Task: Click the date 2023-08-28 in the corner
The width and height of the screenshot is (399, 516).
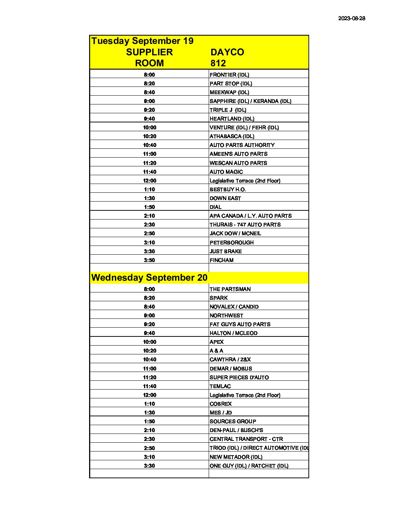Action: [x=351, y=18]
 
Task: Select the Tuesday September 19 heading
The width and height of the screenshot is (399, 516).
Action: [x=142, y=41]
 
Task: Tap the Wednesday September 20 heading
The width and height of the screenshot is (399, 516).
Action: [x=149, y=277]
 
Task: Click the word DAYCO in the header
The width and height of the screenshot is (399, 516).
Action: [x=227, y=52]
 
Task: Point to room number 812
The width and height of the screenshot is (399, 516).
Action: [x=218, y=63]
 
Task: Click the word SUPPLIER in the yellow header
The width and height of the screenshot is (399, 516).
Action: [x=149, y=52]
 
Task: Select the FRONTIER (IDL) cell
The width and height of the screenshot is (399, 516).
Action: [x=229, y=75]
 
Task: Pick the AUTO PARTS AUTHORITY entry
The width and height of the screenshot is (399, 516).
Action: [x=242, y=145]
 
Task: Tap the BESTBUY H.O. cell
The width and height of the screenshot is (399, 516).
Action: [x=227, y=189]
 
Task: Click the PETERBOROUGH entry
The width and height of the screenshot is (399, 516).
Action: [x=231, y=243]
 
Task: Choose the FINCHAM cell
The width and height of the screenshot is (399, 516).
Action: [x=222, y=260]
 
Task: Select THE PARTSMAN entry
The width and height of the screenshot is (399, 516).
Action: [x=230, y=289]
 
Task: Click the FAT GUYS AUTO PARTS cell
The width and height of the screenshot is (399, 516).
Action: [x=240, y=324]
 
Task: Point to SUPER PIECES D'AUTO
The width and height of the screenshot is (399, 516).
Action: [x=239, y=377]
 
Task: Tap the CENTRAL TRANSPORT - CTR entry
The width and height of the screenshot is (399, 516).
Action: [x=246, y=439]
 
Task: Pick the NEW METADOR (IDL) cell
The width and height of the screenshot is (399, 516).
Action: [x=236, y=457]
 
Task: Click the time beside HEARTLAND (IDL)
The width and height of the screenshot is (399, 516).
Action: [x=149, y=119]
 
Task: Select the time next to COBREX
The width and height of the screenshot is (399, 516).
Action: [x=149, y=404]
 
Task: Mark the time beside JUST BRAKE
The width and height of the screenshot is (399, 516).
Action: [x=149, y=251]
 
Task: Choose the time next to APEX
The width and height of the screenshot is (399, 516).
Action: [x=149, y=342]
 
